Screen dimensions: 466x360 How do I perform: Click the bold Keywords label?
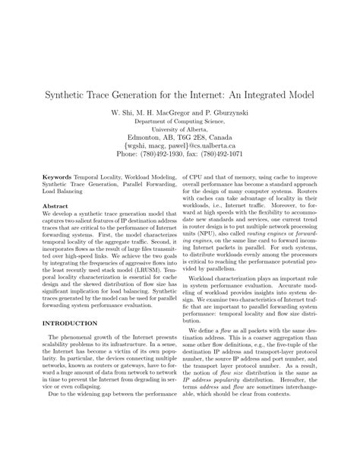tap(57, 176)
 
